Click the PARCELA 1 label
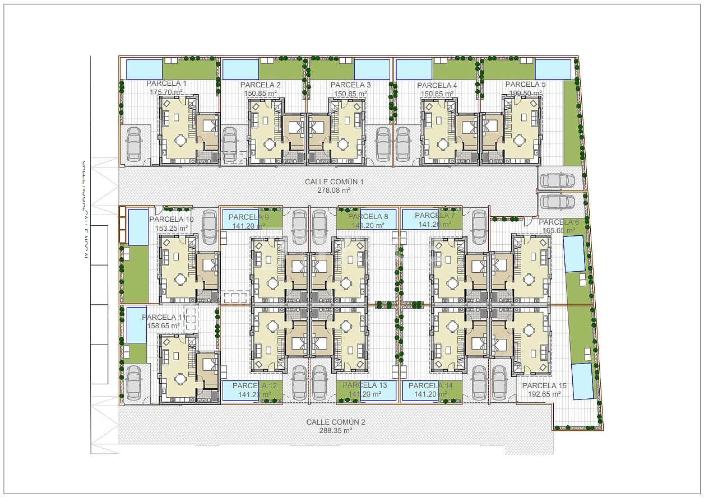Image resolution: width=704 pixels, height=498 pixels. [166, 83]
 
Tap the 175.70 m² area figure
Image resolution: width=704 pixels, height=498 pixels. [166, 92]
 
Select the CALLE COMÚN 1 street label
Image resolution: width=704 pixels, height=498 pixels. [335, 182]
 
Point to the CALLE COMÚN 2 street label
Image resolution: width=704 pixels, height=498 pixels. [336, 422]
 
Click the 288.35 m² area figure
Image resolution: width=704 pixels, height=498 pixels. [336, 431]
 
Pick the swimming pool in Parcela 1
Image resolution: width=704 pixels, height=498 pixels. [143, 69]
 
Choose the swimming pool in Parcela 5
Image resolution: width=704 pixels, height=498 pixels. [553, 69]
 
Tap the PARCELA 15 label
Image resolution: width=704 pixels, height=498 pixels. [544, 386]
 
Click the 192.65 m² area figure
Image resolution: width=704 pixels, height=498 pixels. [544, 394]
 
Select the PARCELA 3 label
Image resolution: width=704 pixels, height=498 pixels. [351, 85]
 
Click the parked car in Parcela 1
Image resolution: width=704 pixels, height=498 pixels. [134, 145]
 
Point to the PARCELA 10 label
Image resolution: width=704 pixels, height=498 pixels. [172, 220]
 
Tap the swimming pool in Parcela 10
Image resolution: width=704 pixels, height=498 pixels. [138, 227]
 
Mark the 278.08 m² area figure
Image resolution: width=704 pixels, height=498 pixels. [334, 190]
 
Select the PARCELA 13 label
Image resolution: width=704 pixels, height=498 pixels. [365, 385]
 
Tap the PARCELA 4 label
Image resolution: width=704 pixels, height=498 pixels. [437, 85]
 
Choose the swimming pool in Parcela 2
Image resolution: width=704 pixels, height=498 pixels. [240, 70]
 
